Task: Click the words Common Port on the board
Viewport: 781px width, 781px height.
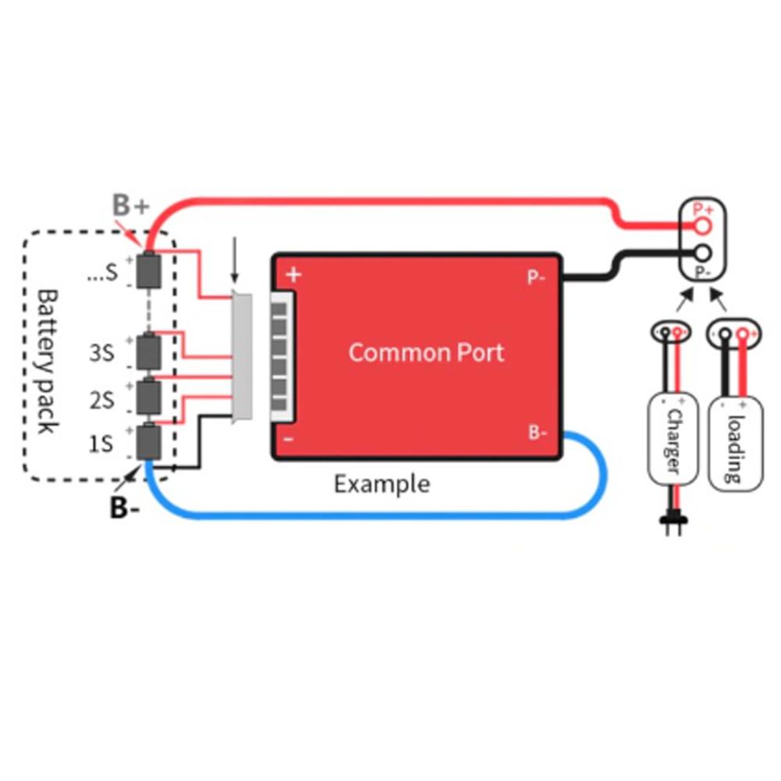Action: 426,352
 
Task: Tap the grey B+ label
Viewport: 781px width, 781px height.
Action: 130,205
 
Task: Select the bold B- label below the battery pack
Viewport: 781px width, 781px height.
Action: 125,508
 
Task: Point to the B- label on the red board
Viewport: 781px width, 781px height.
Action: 537,433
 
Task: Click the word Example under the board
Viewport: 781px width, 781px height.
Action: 381,484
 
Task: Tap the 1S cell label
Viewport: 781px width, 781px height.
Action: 102,444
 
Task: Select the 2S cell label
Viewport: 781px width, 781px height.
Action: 102,401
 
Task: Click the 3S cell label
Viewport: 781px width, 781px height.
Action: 102,353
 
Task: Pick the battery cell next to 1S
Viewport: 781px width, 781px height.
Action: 148,443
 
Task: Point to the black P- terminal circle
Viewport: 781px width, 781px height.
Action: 703,253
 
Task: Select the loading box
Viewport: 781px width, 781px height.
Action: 735,443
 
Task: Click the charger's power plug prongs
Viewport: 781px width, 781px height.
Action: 671,527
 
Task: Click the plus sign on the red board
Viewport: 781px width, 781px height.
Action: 294,274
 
